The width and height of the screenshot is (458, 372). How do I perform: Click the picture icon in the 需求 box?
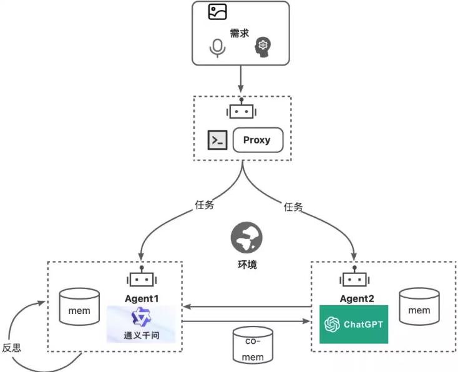click(x=217, y=12)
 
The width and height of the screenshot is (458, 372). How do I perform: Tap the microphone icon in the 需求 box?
click(x=217, y=48)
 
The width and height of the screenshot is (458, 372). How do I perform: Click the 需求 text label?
click(x=240, y=33)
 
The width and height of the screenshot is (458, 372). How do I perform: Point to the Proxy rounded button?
click(x=257, y=140)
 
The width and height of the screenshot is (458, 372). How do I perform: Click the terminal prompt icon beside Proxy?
click(x=217, y=140)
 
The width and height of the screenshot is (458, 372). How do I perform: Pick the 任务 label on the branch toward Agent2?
click(x=293, y=207)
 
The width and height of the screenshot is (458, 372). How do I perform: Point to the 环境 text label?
click(x=246, y=265)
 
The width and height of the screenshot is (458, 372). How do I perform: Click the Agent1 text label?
click(x=142, y=298)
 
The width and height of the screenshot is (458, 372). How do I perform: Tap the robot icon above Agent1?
click(x=142, y=280)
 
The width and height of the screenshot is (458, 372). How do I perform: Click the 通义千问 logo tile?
click(x=142, y=325)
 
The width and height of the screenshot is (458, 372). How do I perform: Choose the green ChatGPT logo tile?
click(x=353, y=324)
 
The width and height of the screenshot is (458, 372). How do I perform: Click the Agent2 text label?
click(x=357, y=298)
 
